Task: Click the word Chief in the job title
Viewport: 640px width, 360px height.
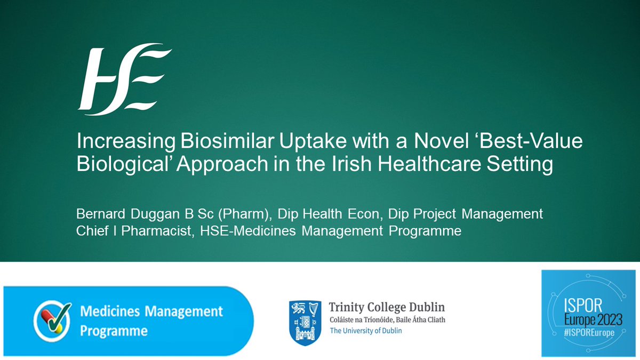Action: click(x=93, y=232)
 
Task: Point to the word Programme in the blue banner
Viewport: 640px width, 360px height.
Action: click(x=114, y=331)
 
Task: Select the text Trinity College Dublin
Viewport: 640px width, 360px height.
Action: click(x=387, y=308)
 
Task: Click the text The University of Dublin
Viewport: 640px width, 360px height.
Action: click(x=366, y=331)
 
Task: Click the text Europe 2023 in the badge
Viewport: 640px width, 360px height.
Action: click(x=588, y=320)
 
